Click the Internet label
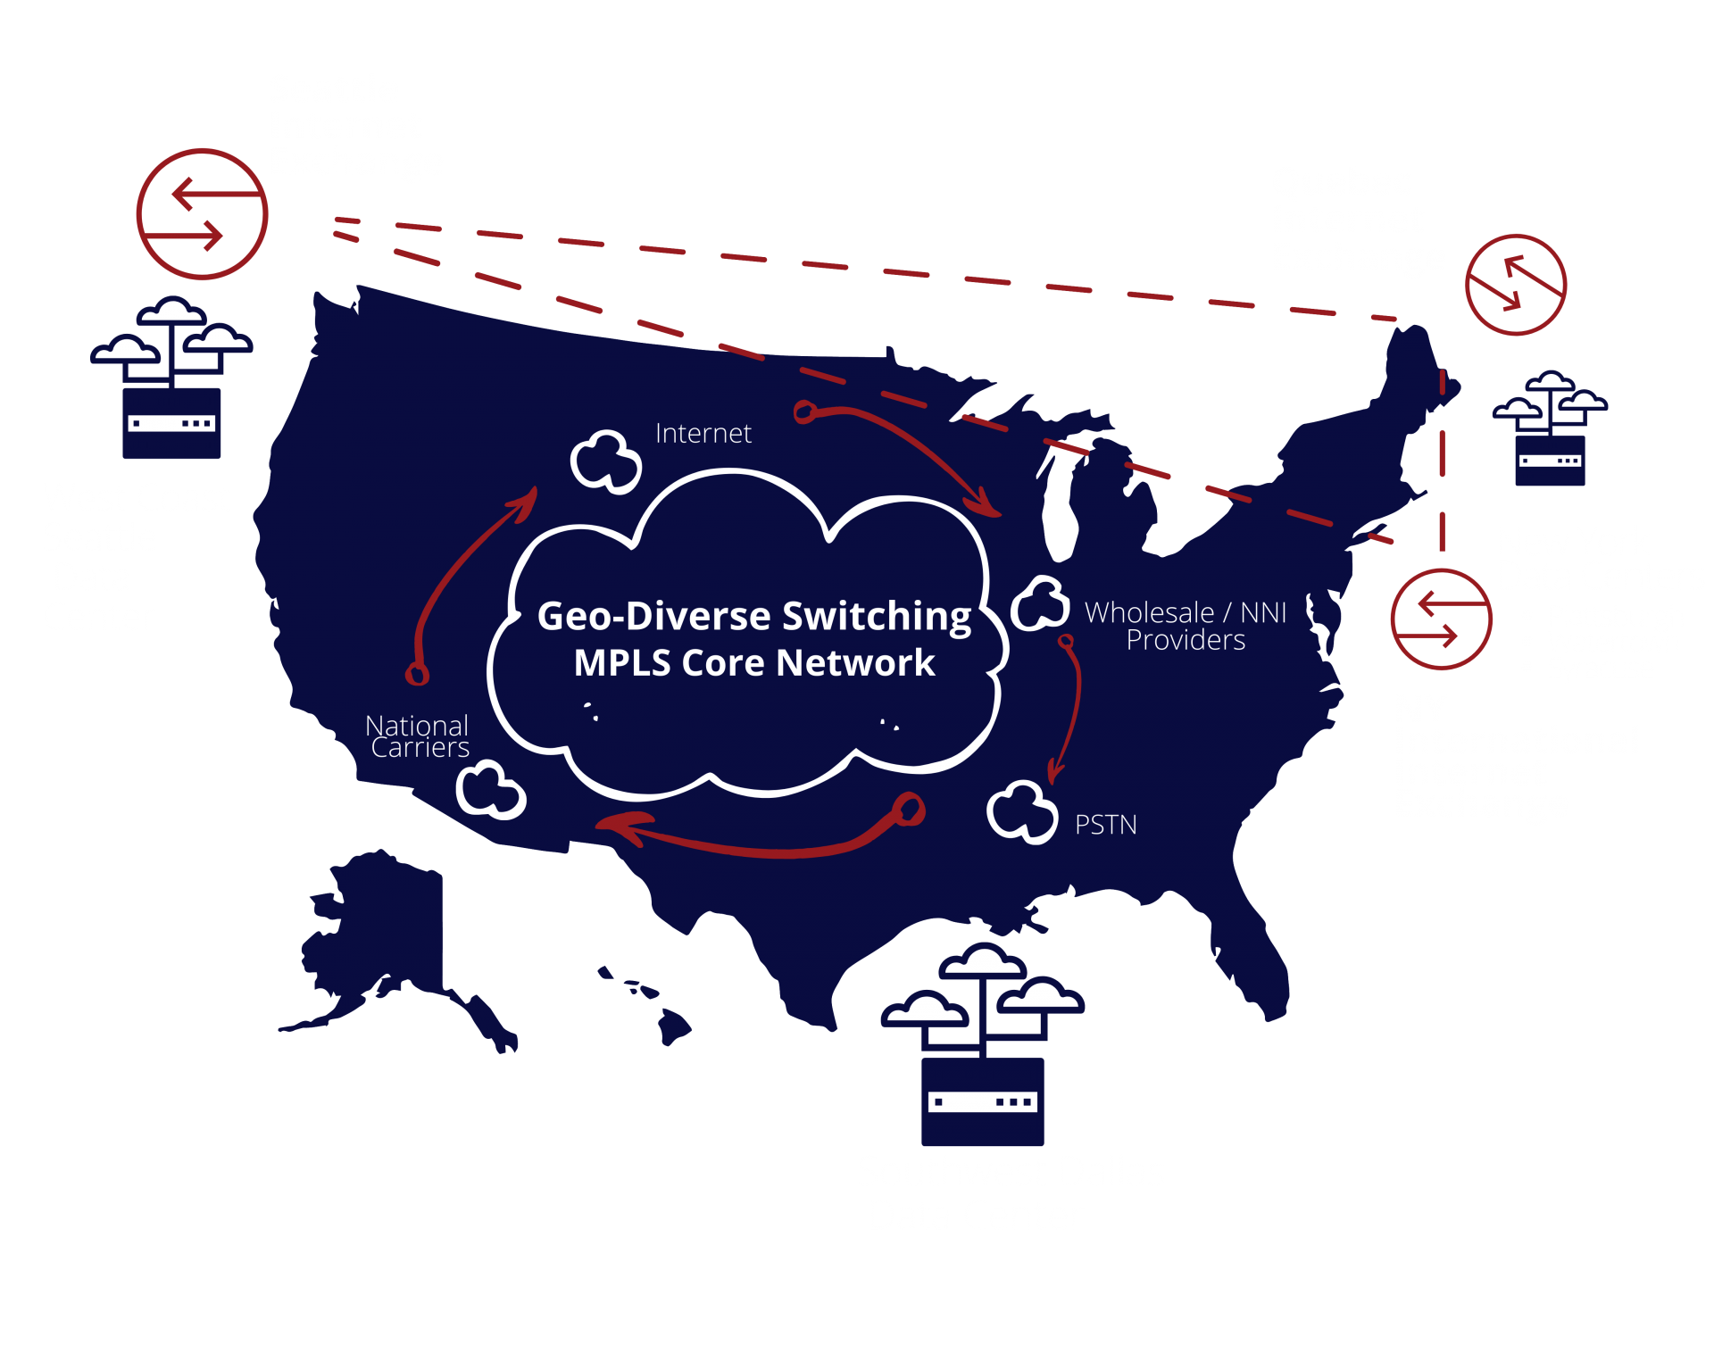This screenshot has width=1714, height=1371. (x=703, y=434)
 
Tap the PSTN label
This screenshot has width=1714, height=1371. (x=1105, y=825)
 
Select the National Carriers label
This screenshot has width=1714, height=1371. (x=418, y=736)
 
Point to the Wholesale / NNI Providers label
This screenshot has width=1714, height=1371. (x=1185, y=626)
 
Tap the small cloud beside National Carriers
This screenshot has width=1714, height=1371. (x=490, y=790)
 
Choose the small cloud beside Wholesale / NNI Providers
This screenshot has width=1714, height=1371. (x=1040, y=603)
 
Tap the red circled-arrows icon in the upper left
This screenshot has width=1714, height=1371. (x=202, y=214)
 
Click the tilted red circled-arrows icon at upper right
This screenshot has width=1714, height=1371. (x=1516, y=285)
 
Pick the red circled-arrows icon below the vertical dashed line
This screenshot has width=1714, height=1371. (x=1441, y=619)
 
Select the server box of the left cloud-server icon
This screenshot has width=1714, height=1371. (x=171, y=423)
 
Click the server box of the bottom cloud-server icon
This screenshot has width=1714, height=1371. (x=982, y=1101)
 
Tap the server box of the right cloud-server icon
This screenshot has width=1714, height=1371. (x=1550, y=461)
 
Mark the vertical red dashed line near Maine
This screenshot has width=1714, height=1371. (x=1442, y=464)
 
